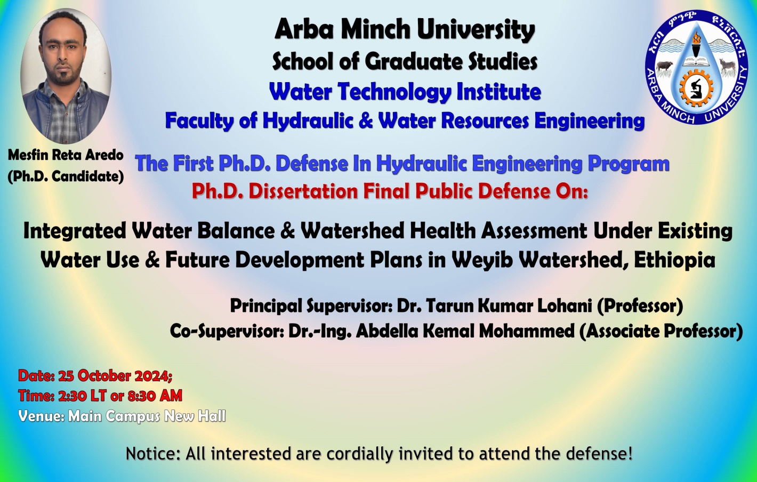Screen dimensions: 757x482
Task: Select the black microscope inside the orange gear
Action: pyautogui.click(x=696, y=89)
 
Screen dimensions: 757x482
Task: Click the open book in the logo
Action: pyautogui.click(x=696, y=61)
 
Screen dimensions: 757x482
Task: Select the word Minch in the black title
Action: pyautogui.click(x=375, y=30)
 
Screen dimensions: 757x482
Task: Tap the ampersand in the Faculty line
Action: pyautogui.click(x=366, y=120)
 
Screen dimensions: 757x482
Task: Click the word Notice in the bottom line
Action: pyautogui.click(x=153, y=454)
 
